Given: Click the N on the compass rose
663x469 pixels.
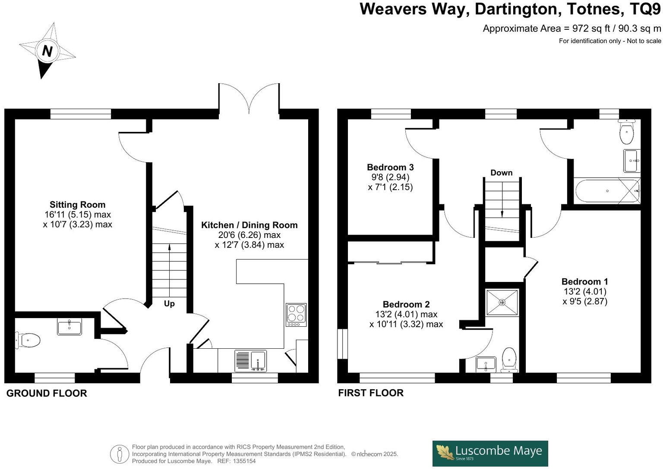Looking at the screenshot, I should click(47, 51).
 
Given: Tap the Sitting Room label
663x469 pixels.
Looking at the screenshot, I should click(77, 205).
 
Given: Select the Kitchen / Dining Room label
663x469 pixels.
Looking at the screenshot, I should click(249, 225).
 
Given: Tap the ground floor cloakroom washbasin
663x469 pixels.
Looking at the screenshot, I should click(69, 327).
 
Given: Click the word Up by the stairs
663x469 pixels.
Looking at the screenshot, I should click(169, 303).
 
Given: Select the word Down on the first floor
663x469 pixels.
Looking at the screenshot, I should click(501, 173).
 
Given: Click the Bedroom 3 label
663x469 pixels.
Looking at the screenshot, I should click(390, 167).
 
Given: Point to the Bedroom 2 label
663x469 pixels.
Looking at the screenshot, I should click(406, 304).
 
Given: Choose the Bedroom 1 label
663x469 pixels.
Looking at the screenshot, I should click(584, 281).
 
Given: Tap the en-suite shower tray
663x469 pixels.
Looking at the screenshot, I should click(502, 303).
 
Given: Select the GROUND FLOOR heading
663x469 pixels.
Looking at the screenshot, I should click(47, 393).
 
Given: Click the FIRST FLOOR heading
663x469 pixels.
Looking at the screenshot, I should click(371, 393).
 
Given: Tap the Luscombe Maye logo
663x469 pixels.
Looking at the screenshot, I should click(490, 453).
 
